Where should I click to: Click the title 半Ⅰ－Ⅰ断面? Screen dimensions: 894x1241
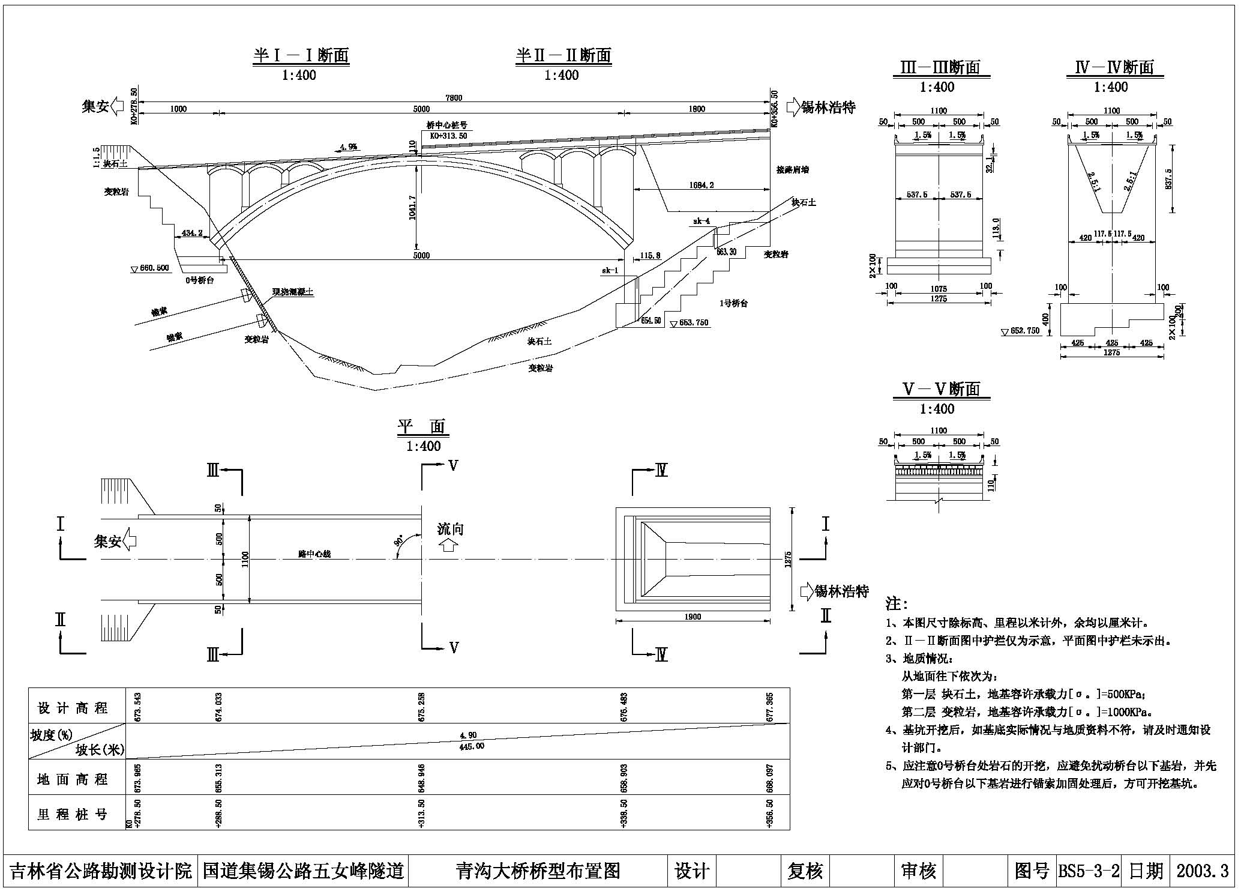click(x=301, y=55)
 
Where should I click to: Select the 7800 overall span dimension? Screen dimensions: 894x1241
click(x=454, y=98)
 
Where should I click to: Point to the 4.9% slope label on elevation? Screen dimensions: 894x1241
click(x=348, y=146)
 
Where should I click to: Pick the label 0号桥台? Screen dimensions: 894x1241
click(x=199, y=280)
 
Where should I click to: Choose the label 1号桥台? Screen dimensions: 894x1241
click(x=733, y=303)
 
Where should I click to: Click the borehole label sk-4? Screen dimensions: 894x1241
click(x=702, y=221)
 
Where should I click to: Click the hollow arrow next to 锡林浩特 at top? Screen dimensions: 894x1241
click(x=793, y=107)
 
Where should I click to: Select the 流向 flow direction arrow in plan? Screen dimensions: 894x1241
click(x=449, y=545)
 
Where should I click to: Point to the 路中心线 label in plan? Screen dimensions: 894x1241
click(x=314, y=554)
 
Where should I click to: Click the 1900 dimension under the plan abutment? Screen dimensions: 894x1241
click(x=692, y=617)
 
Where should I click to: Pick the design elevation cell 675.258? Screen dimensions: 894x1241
click(x=422, y=707)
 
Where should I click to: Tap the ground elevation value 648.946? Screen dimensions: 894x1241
click(x=422, y=777)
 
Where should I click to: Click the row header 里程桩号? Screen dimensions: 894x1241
click(x=73, y=814)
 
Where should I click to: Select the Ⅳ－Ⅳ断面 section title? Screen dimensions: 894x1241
click(x=1114, y=67)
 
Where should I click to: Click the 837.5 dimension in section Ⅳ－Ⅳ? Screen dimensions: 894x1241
click(x=1167, y=178)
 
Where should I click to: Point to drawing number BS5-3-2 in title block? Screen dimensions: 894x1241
click(x=1089, y=871)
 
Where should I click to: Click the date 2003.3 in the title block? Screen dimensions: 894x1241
click(x=1202, y=871)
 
